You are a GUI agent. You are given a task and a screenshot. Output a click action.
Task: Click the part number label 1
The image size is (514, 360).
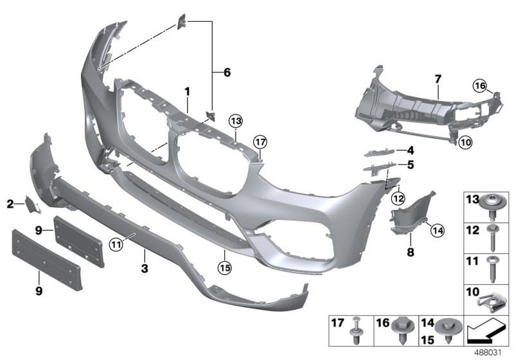pyautogui.click(x=187, y=92)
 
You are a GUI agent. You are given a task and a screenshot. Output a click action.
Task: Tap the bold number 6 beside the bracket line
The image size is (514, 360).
pyautogui.click(x=226, y=73)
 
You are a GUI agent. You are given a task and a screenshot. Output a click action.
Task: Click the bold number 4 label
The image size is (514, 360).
pyautogui.click(x=409, y=151)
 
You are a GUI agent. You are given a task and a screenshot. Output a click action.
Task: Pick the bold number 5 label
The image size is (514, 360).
pyautogui.click(x=409, y=165)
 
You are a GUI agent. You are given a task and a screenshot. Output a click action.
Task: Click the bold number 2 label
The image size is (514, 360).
pyautogui.click(x=10, y=204)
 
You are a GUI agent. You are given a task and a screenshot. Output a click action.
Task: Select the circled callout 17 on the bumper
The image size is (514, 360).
pyautogui.click(x=259, y=141)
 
